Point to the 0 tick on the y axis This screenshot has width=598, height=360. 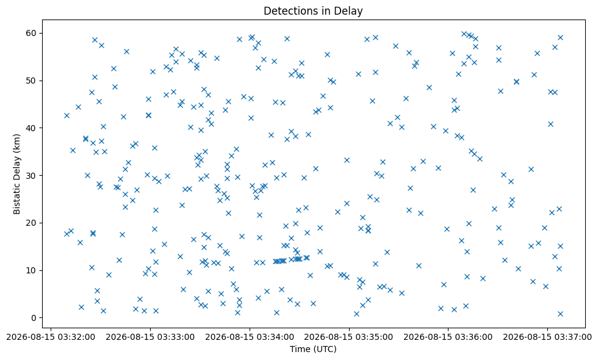[x=34, y=318]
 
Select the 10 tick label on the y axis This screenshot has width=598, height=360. [x=32, y=270]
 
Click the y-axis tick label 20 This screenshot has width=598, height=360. [x=32, y=223]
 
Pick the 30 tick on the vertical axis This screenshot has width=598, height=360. [x=32, y=176]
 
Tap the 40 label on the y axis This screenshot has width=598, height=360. [x=32, y=128]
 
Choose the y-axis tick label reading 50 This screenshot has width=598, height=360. [x=32, y=81]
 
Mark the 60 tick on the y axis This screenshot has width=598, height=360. [x=32, y=33]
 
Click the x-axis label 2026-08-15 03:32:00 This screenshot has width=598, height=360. [x=51, y=337]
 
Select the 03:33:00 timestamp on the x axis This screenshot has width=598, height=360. [x=150, y=337]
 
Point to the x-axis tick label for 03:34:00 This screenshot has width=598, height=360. [x=250, y=337]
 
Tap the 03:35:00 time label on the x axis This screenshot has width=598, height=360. [x=349, y=337]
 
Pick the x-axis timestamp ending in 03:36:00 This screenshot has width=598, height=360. [x=448, y=337]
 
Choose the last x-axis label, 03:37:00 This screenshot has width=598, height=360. [x=547, y=337]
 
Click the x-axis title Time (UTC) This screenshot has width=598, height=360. [x=313, y=349]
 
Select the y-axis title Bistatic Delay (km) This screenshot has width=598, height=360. [x=17, y=174]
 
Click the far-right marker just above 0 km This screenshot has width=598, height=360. [x=560, y=314]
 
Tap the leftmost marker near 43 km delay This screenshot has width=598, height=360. [x=67, y=115]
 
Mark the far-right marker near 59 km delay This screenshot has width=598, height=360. [x=560, y=37]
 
